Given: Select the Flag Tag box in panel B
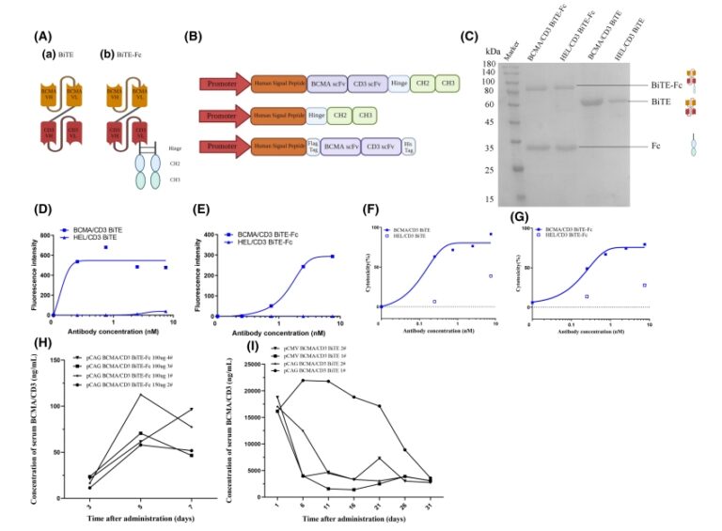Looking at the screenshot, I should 310,146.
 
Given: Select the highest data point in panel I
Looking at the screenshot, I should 302,380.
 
